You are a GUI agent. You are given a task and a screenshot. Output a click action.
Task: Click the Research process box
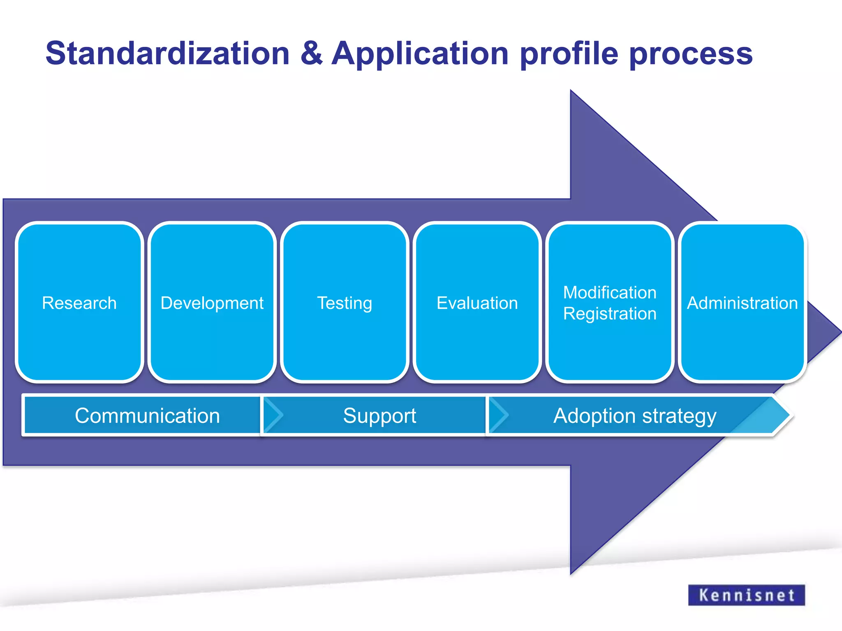coord(79,303)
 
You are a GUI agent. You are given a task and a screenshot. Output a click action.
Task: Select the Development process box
coord(212,303)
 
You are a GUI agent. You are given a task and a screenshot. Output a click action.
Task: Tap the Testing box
coord(345,303)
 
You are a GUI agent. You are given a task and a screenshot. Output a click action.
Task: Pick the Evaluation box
coord(477,303)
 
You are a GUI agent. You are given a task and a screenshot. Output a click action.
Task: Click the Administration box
coord(742,303)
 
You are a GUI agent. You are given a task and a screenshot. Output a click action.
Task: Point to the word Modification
coord(610,292)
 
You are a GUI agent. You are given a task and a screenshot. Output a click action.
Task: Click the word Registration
coord(610,314)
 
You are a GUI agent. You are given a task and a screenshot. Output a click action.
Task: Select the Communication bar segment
coord(147,415)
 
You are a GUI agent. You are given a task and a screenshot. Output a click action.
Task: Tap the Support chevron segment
coord(379,415)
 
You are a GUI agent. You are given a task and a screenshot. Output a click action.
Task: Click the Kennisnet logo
coord(746,595)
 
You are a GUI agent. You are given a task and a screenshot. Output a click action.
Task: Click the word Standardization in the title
coord(167,53)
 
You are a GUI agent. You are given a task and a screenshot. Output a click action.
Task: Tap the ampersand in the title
coord(311,53)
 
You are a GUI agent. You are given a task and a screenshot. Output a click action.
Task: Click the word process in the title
coord(691,53)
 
